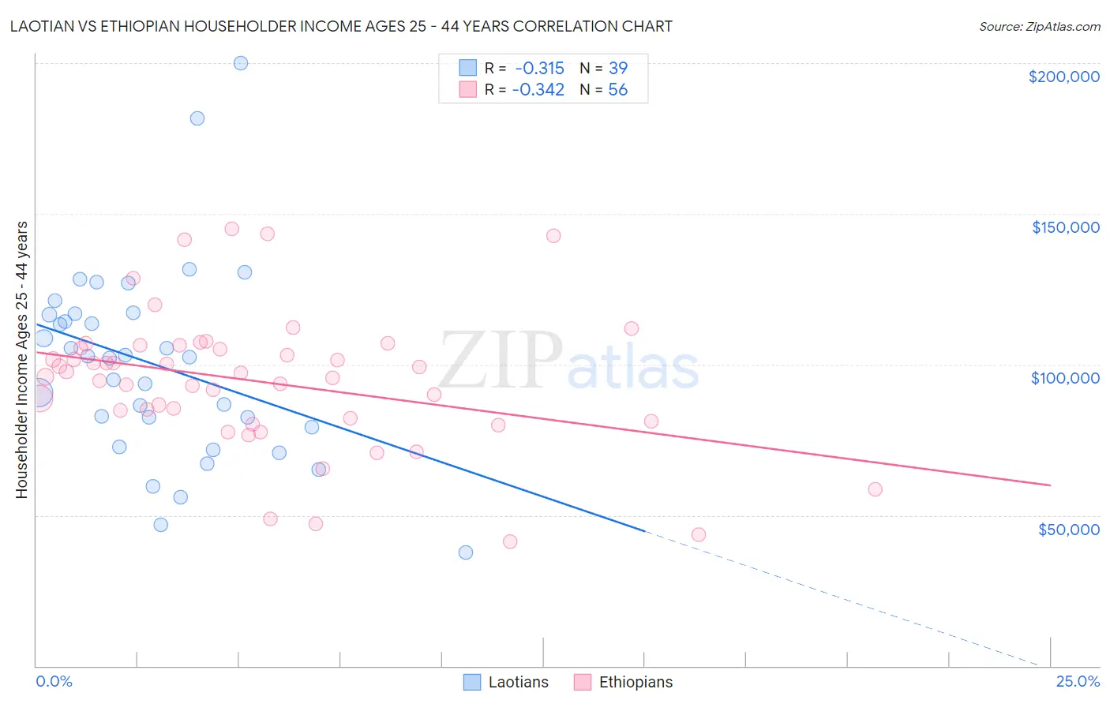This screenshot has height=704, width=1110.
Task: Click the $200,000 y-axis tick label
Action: pyautogui.click(x=1063, y=77)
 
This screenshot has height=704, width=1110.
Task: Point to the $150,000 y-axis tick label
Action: pyautogui.click(x=1065, y=227)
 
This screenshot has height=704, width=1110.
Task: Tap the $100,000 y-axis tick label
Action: pyautogui.click(x=1065, y=378)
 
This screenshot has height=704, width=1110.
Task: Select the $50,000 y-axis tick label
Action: pyautogui.click(x=1068, y=529)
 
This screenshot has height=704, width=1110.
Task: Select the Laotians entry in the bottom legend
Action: pyautogui.click(x=518, y=683)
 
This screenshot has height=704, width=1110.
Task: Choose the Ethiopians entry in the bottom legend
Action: pyautogui.click(x=636, y=683)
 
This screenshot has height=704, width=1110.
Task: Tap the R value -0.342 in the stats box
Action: pyautogui.click(x=538, y=90)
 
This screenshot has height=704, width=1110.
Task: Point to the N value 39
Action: pyautogui.click(x=617, y=69)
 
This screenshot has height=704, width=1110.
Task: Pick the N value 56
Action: pyautogui.click(x=617, y=90)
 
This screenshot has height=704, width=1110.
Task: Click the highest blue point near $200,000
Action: pyautogui.click(x=241, y=63)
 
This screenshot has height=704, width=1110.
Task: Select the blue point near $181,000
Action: pyautogui.click(x=197, y=118)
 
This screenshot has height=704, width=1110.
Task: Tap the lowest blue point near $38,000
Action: pyautogui.click(x=466, y=552)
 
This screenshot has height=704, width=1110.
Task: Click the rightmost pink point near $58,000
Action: pyautogui.click(x=875, y=489)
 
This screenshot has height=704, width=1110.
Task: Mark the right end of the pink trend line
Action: pyautogui.click(x=1050, y=485)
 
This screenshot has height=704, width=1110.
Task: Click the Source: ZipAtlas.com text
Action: pyautogui.click(x=1039, y=27)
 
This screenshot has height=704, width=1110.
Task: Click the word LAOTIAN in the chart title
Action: pyautogui.click(x=44, y=26)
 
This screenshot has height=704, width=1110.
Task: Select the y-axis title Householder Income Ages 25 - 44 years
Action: pyautogui.click(x=21, y=360)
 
